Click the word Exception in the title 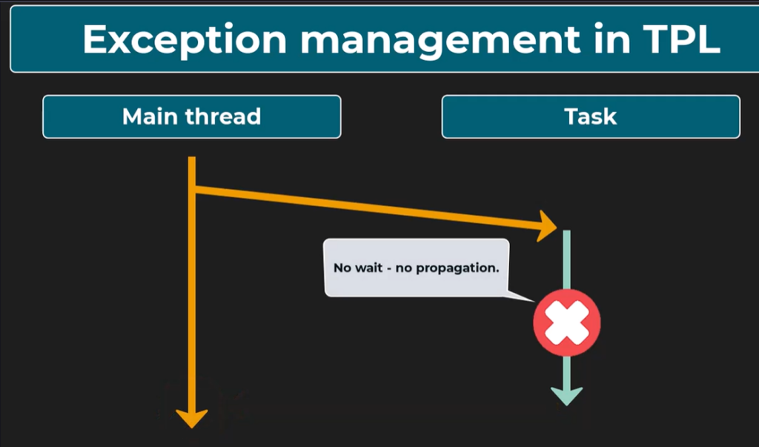[x=185, y=40]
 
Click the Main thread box [x=192, y=116]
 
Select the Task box [x=591, y=116]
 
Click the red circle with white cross [x=567, y=322]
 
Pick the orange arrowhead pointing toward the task [x=548, y=226]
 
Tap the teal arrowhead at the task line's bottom [x=566, y=397]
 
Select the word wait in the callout [x=369, y=268]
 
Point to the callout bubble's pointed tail [x=532, y=301]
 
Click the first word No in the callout [x=342, y=268]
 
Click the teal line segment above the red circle [x=566, y=260]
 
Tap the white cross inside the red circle [x=567, y=322]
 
